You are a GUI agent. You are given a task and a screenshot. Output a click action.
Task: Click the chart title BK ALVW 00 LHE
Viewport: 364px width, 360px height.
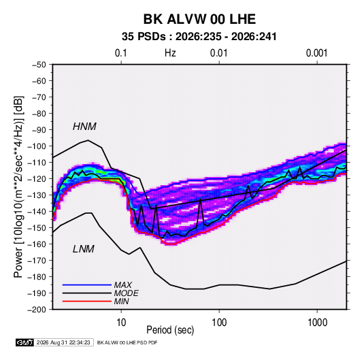(x=199, y=19)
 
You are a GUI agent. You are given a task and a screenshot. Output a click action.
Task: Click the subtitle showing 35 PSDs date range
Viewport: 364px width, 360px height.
(x=199, y=37)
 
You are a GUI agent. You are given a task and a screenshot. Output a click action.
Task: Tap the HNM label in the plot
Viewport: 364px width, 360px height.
(x=84, y=127)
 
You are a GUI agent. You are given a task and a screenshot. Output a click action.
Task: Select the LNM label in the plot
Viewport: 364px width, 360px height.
(x=84, y=249)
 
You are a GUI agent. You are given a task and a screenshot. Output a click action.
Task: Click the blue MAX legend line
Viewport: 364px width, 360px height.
(x=87, y=284)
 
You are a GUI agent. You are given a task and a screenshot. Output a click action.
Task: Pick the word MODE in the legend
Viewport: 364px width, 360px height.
(x=127, y=293)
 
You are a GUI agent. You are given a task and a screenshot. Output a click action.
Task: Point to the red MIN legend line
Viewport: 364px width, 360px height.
(x=87, y=301)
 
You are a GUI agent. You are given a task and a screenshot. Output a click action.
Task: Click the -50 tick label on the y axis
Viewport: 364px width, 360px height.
(x=39, y=65)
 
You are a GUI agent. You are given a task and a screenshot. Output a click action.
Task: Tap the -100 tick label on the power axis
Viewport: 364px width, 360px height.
(x=37, y=146)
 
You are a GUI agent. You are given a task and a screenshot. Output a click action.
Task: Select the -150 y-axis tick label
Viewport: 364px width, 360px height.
(x=37, y=228)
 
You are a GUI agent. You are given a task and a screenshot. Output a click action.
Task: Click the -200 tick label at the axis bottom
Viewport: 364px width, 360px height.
(x=37, y=310)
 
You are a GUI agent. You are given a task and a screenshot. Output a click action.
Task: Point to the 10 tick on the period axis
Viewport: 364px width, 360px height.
(x=121, y=323)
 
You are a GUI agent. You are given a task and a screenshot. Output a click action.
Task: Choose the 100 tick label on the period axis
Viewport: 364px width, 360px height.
(x=219, y=323)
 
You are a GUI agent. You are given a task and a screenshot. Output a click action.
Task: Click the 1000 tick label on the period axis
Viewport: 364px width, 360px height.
(x=317, y=323)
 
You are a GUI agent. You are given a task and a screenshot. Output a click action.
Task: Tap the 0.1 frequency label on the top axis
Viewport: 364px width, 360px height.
(x=121, y=53)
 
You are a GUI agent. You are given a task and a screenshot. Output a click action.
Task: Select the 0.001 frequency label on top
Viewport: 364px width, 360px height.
(x=317, y=53)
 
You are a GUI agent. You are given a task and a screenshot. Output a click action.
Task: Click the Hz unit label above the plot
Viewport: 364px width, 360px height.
(x=170, y=53)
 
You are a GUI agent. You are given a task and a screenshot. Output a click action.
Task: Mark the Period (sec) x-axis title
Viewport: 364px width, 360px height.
(x=170, y=330)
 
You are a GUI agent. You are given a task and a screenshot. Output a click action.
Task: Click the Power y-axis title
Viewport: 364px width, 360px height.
(x=18, y=187)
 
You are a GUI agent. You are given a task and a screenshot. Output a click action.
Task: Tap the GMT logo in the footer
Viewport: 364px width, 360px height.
(x=24, y=342)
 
